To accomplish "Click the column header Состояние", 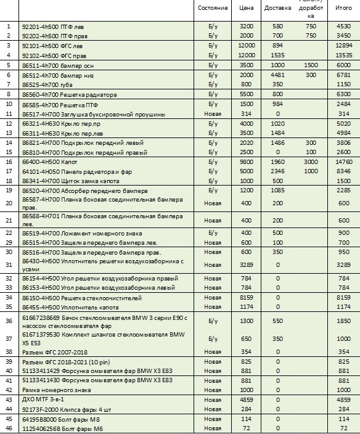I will (213, 9).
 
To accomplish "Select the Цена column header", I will (247, 9).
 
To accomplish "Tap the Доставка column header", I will (277, 9).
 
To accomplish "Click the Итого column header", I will (343, 9).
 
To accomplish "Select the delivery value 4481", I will (277, 75).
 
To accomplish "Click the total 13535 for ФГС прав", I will (343, 55).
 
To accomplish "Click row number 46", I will (9, 428).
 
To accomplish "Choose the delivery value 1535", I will (277, 55).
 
